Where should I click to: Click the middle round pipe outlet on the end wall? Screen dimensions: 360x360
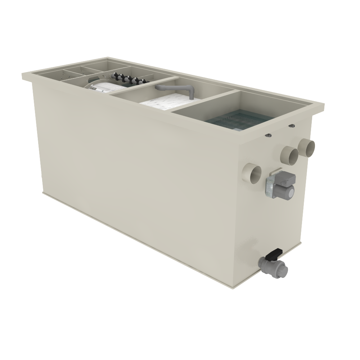290,155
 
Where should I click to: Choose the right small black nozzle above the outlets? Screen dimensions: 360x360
292,126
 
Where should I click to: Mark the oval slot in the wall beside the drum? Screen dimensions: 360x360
93,77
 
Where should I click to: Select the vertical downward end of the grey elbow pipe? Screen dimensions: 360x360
190,95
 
